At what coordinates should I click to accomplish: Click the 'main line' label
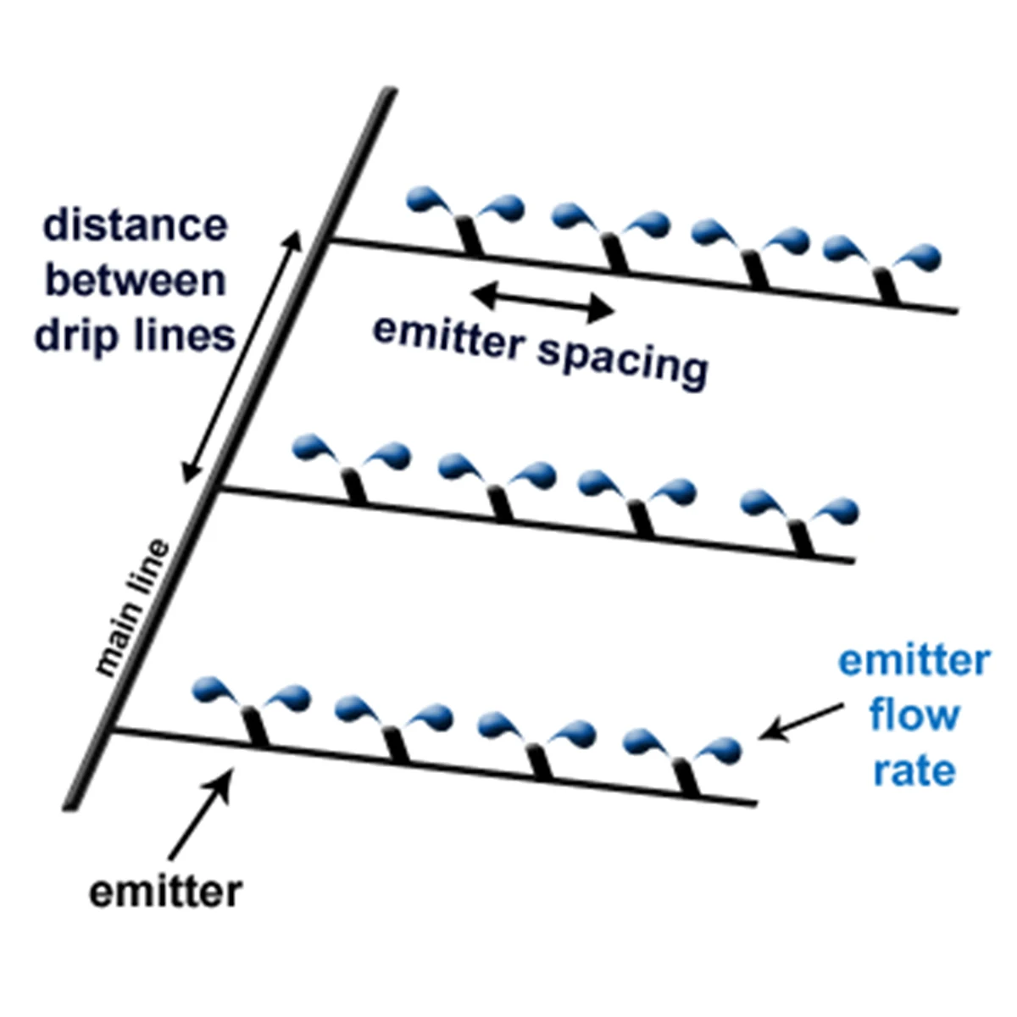pyautogui.click(x=133, y=608)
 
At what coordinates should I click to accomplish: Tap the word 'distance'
pyautogui.click(x=136, y=226)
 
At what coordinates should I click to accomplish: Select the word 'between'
pyautogui.click(x=136, y=281)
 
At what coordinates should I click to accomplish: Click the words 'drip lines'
pyautogui.click(x=135, y=336)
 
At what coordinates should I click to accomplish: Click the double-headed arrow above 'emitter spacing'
pyautogui.click(x=542, y=303)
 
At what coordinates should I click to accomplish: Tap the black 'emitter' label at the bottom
pyautogui.click(x=165, y=892)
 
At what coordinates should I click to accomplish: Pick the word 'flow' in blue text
pyautogui.click(x=914, y=716)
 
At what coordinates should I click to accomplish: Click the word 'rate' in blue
pyautogui.click(x=914, y=771)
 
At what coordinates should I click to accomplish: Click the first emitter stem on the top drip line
pyautogui.click(x=469, y=235)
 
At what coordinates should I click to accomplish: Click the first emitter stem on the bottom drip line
pyautogui.click(x=256, y=727)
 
